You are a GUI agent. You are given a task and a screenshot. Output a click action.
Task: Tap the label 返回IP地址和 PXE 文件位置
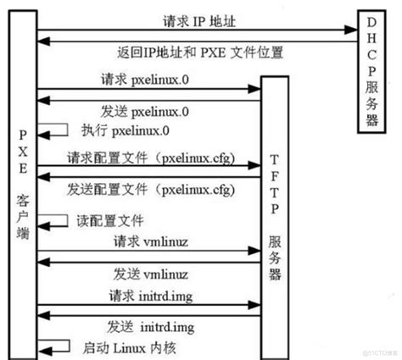[x=201, y=53]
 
